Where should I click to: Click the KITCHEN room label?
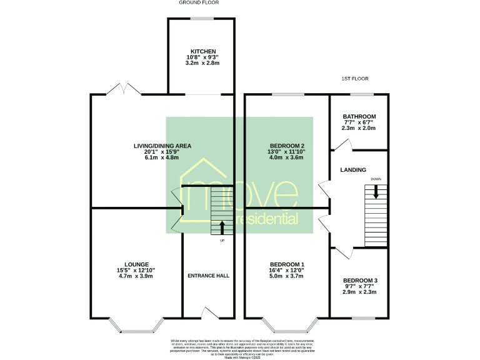[204, 51]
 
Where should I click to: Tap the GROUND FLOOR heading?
[199, 2]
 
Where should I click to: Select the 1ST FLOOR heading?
[352, 79]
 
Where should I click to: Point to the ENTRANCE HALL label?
[209, 275]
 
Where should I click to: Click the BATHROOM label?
[359, 117]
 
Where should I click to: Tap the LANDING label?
[352, 170]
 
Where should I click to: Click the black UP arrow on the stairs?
[222, 227]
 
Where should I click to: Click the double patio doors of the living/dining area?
[124, 89]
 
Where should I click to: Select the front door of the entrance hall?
[208, 312]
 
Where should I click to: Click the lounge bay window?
[136, 326]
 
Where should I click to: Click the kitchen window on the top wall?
[202, 19]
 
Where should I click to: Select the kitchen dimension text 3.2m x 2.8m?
[204, 64]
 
